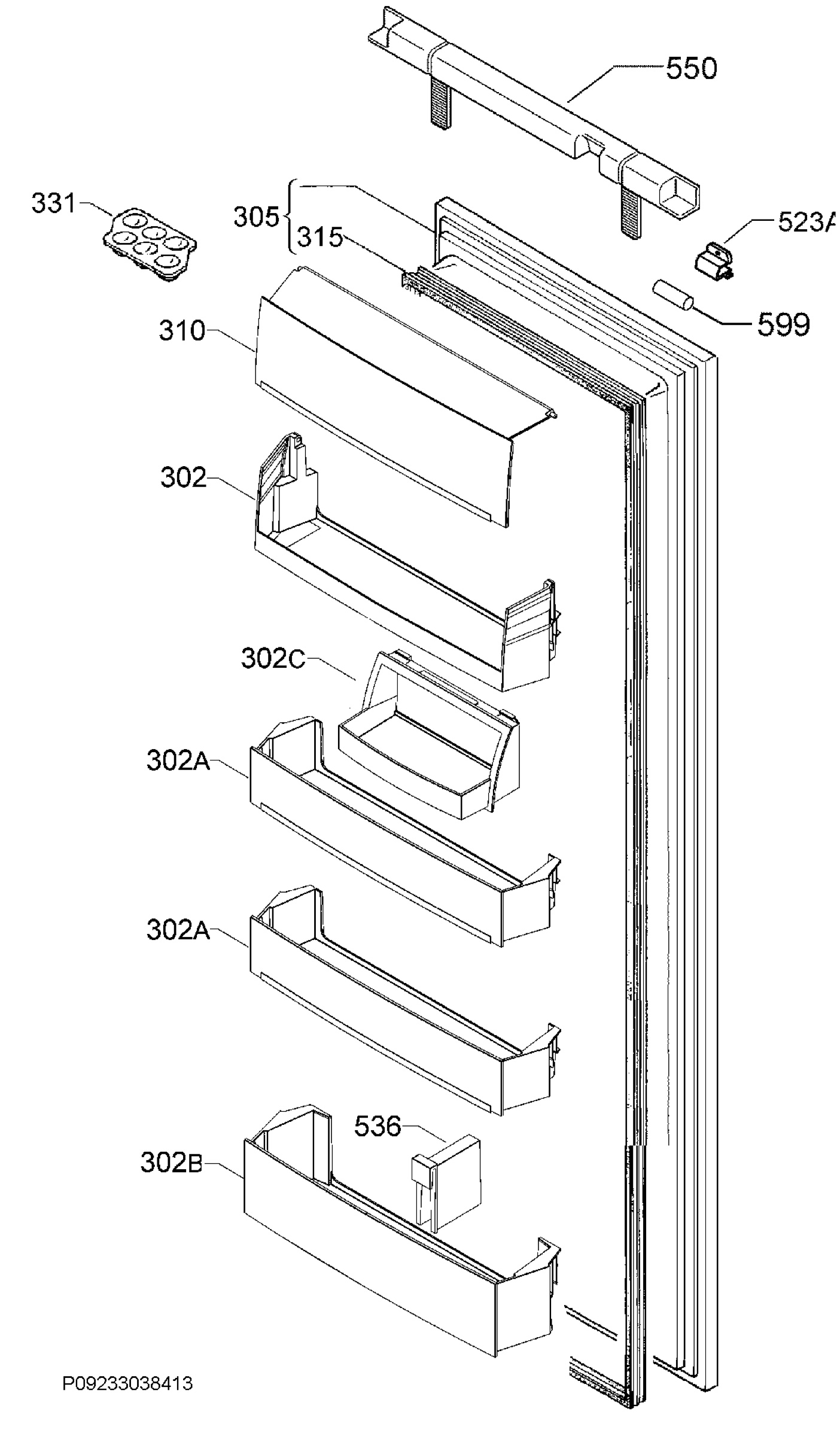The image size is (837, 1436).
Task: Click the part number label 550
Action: click(691, 69)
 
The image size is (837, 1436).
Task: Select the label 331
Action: click(54, 204)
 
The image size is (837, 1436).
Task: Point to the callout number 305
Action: click(256, 217)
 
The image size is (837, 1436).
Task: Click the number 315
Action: click(320, 238)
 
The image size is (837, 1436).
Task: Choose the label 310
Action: click(182, 331)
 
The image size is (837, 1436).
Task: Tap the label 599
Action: click(783, 325)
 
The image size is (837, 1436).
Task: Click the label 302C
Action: click(273, 659)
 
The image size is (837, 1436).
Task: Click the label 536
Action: click(377, 1126)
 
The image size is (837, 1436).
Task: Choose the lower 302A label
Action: click(178, 931)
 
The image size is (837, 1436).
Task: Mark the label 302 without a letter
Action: click(183, 478)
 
